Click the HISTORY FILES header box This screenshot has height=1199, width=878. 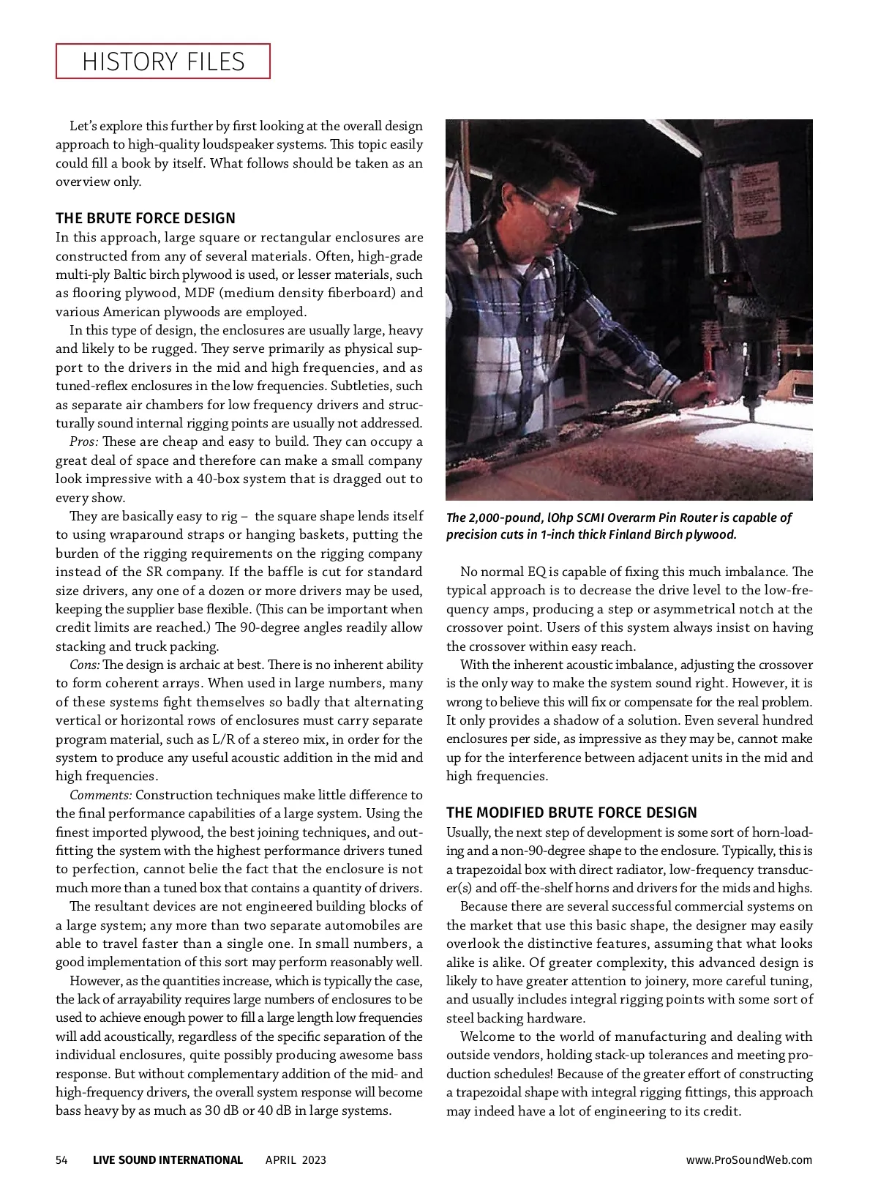click(163, 61)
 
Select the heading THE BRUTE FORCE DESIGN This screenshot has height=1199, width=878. click(146, 218)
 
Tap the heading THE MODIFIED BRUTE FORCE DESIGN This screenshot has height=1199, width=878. click(571, 813)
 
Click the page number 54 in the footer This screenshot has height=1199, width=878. click(62, 1159)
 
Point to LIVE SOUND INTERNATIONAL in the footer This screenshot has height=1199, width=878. click(168, 1159)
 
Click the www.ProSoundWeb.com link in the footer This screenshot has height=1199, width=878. click(749, 1159)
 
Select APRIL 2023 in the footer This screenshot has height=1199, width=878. click(296, 1159)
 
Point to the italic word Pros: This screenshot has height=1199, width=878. click(84, 442)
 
